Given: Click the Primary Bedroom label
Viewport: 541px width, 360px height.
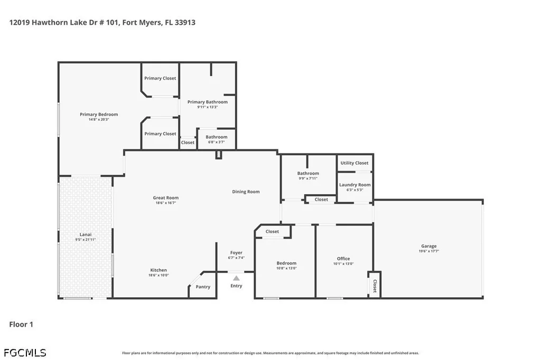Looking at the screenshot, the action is coord(99,115).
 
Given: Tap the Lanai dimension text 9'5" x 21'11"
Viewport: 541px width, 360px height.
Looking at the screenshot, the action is coord(85,240).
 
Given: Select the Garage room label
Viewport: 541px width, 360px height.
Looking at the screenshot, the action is coord(429,246).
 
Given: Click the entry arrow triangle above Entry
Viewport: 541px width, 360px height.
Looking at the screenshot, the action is coord(236,278).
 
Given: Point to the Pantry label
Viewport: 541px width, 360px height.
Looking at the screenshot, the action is coord(203,287).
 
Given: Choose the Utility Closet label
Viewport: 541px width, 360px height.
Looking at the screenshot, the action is coord(355,163).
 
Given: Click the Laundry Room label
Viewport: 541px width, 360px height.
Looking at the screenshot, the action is coord(355,185).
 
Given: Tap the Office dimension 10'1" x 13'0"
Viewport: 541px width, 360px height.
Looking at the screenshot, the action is coord(343,264).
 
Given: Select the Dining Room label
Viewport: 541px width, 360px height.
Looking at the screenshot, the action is coord(246,192).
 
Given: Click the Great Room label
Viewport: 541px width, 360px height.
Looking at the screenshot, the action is coord(165,198).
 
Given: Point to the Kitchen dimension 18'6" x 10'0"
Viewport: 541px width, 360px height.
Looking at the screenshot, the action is coord(158,275).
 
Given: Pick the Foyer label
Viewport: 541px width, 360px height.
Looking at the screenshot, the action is coord(236,253).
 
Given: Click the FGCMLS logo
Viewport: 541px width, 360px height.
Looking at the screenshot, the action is coord(25,353).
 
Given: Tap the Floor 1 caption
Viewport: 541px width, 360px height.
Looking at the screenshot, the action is coord(21,324).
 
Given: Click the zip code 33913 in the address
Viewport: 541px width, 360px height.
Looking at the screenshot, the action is coord(185,22).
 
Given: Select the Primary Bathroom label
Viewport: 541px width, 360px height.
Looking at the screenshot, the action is coord(207,102).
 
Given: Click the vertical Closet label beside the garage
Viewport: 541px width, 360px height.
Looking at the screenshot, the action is coord(375,286).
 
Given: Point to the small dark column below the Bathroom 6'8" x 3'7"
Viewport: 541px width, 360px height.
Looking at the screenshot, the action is coord(219,154).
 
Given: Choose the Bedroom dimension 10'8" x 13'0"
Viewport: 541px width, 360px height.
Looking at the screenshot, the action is coord(286,268).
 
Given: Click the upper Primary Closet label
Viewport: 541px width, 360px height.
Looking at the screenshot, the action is coord(160,78).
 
